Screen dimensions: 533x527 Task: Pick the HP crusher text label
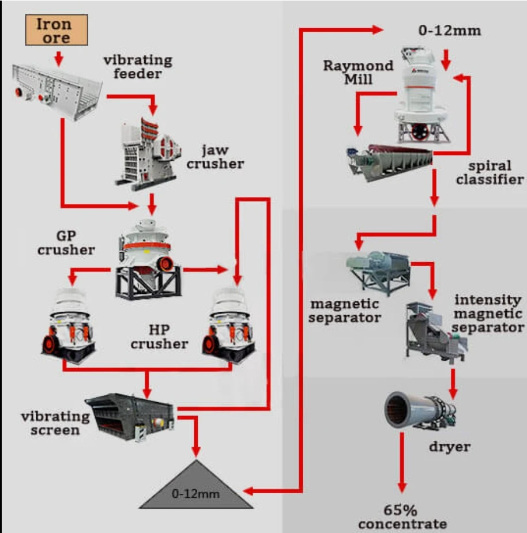point(159,337)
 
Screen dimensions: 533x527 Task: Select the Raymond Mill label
point(357,71)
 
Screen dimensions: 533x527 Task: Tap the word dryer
point(449,447)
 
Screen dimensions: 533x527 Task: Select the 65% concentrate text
point(402,517)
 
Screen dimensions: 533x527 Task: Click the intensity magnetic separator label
point(488,314)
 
